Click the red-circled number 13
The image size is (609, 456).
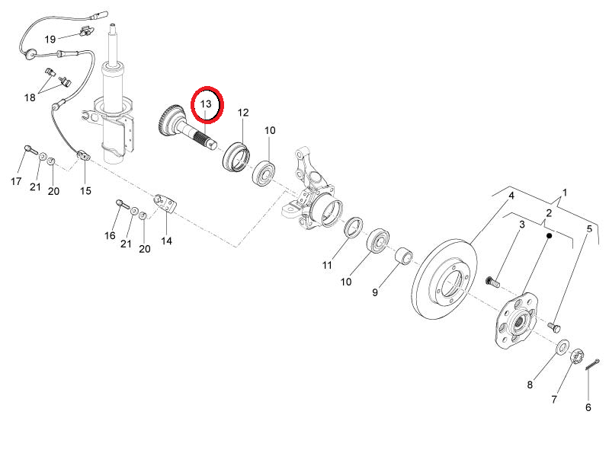pyautogui.click(x=206, y=104)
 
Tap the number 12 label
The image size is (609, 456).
pyautogui.click(x=242, y=113)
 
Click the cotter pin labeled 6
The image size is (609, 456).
pyautogui.click(x=592, y=365)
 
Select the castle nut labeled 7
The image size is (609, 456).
pyautogui.click(x=577, y=356)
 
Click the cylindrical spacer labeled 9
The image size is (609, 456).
pyautogui.click(x=404, y=255)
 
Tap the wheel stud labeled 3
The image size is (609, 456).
pyautogui.click(x=492, y=280)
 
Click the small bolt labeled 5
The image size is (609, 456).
pyautogui.click(x=555, y=327)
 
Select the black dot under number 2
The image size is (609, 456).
pyautogui.click(x=549, y=235)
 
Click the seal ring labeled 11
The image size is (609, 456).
pyautogui.click(x=354, y=228)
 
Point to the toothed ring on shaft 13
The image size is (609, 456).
pyautogui.click(x=170, y=120)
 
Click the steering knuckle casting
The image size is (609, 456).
pyautogui.click(x=313, y=190)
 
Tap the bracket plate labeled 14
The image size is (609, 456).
pyautogui.click(x=165, y=204)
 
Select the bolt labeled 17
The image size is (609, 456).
pyautogui.click(x=31, y=150)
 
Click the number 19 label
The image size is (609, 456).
pyautogui.click(x=50, y=39)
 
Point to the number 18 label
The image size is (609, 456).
pyautogui.click(x=30, y=97)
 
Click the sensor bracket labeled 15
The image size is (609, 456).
pyautogui.click(x=84, y=156)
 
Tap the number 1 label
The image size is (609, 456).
pyautogui.click(x=565, y=193)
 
